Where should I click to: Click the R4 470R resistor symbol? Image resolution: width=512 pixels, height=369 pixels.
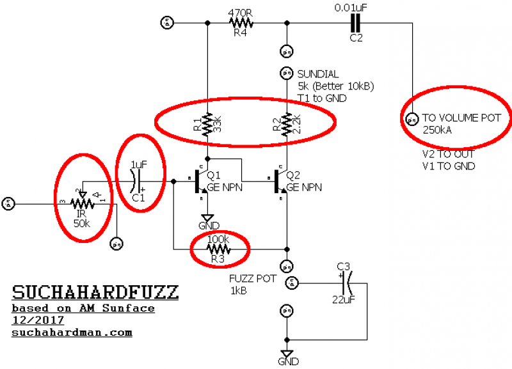click(x=241, y=24)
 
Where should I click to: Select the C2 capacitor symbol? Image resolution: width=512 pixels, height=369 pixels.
click(x=356, y=24)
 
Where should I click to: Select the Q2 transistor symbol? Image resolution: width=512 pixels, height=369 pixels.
click(x=280, y=182)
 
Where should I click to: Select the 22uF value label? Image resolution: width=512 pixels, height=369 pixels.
click(x=344, y=299)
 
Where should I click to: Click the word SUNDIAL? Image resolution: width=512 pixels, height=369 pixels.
click(x=317, y=74)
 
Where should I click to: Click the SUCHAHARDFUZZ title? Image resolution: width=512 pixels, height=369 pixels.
click(x=95, y=294)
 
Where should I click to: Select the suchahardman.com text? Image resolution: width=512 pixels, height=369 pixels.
click(x=72, y=333)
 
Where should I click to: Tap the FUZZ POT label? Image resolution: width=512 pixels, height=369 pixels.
click(x=253, y=279)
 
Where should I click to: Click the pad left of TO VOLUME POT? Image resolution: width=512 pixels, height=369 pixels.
click(x=411, y=118)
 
